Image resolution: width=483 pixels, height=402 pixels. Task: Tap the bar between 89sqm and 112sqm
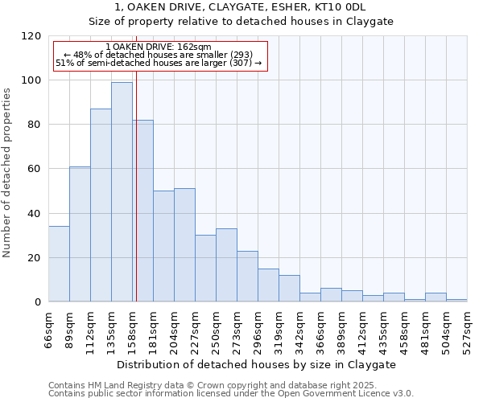[80, 234]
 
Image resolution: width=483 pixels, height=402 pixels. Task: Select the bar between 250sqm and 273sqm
[226, 265]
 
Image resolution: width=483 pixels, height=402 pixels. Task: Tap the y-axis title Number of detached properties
[7, 173]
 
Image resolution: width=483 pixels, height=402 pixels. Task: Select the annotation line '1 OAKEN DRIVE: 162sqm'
[158, 47]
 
